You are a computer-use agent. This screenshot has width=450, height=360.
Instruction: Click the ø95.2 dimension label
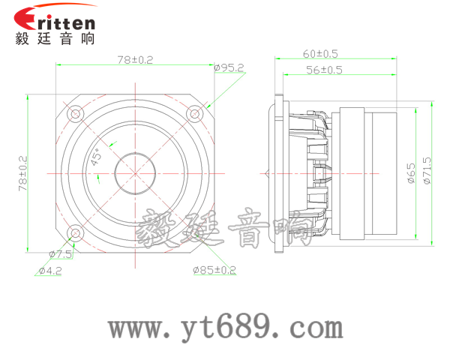(229, 67)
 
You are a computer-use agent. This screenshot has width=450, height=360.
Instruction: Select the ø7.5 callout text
(60, 254)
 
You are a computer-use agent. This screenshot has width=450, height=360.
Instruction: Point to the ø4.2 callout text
(50, 271)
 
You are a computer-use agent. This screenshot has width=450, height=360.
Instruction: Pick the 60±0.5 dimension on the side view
(321, 53)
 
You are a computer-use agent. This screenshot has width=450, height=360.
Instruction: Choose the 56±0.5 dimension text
(324, 70)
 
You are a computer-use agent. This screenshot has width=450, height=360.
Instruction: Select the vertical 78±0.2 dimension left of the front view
(22, 173)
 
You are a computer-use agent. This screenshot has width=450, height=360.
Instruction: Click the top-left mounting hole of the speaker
(75, 114)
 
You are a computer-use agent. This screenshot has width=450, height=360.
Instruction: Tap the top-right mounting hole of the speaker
(194, 115)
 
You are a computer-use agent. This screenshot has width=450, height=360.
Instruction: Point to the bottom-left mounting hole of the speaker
(75, 232)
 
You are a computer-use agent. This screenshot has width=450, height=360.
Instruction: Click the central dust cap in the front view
(135, 173)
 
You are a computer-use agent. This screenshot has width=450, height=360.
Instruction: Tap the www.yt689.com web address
(225, 328)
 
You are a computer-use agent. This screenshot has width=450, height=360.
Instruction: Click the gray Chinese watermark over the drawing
(225, 229)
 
